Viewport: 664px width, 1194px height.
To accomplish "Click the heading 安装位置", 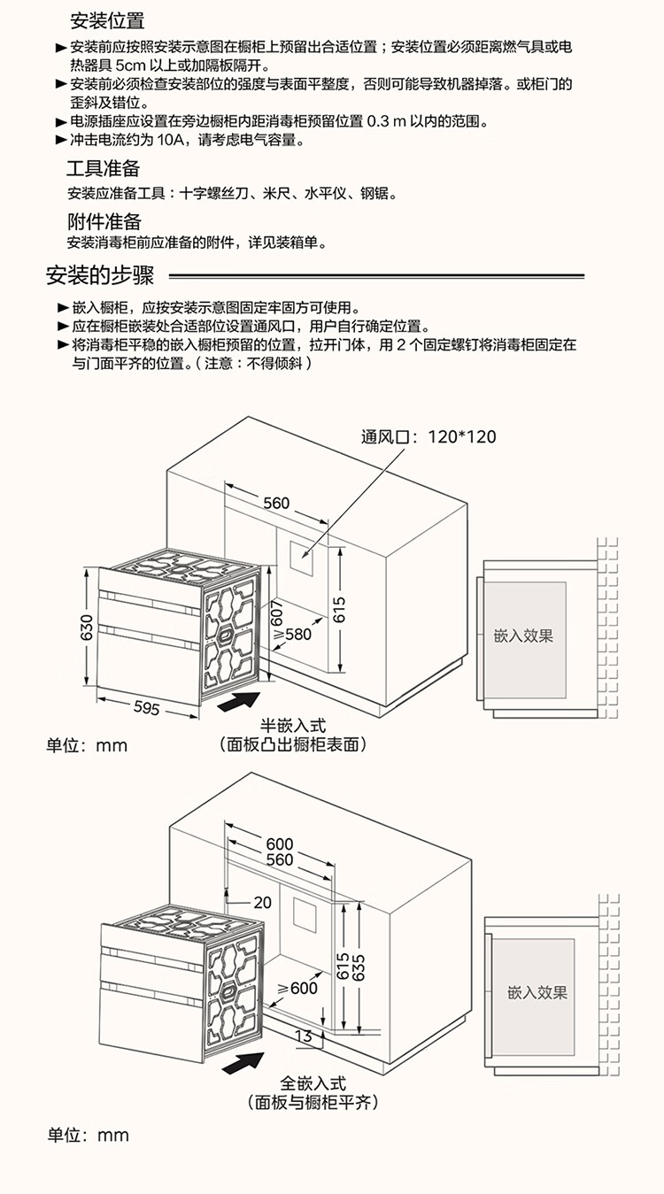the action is coord(107,20).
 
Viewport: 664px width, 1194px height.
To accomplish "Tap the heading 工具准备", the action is coord(103,168).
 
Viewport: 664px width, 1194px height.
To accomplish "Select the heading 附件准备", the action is coord(104,221).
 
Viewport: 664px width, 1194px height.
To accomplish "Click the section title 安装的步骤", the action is coord(100,275).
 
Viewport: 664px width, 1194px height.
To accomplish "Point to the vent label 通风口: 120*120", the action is coord(429,436).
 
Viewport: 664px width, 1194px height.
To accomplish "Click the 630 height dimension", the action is coord(87,628).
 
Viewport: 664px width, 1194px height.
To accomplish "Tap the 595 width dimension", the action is coord(146,707).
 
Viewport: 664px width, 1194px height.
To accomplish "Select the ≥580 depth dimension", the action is coord(293,635).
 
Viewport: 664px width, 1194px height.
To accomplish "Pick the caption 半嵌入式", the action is coord(293,726).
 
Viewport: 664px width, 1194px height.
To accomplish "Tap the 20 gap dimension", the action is coord(262,903).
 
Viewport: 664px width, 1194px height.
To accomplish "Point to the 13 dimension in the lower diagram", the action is coord(303,1036).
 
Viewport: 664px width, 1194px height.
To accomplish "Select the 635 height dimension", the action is coord(359,967).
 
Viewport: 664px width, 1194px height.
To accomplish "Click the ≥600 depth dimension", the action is coord(297,988).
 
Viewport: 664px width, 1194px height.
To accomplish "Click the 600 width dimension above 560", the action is coord(280,844).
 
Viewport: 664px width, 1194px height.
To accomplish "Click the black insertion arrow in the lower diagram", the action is coord(243,1062).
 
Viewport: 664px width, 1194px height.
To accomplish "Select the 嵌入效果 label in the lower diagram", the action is coord(537,992).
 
